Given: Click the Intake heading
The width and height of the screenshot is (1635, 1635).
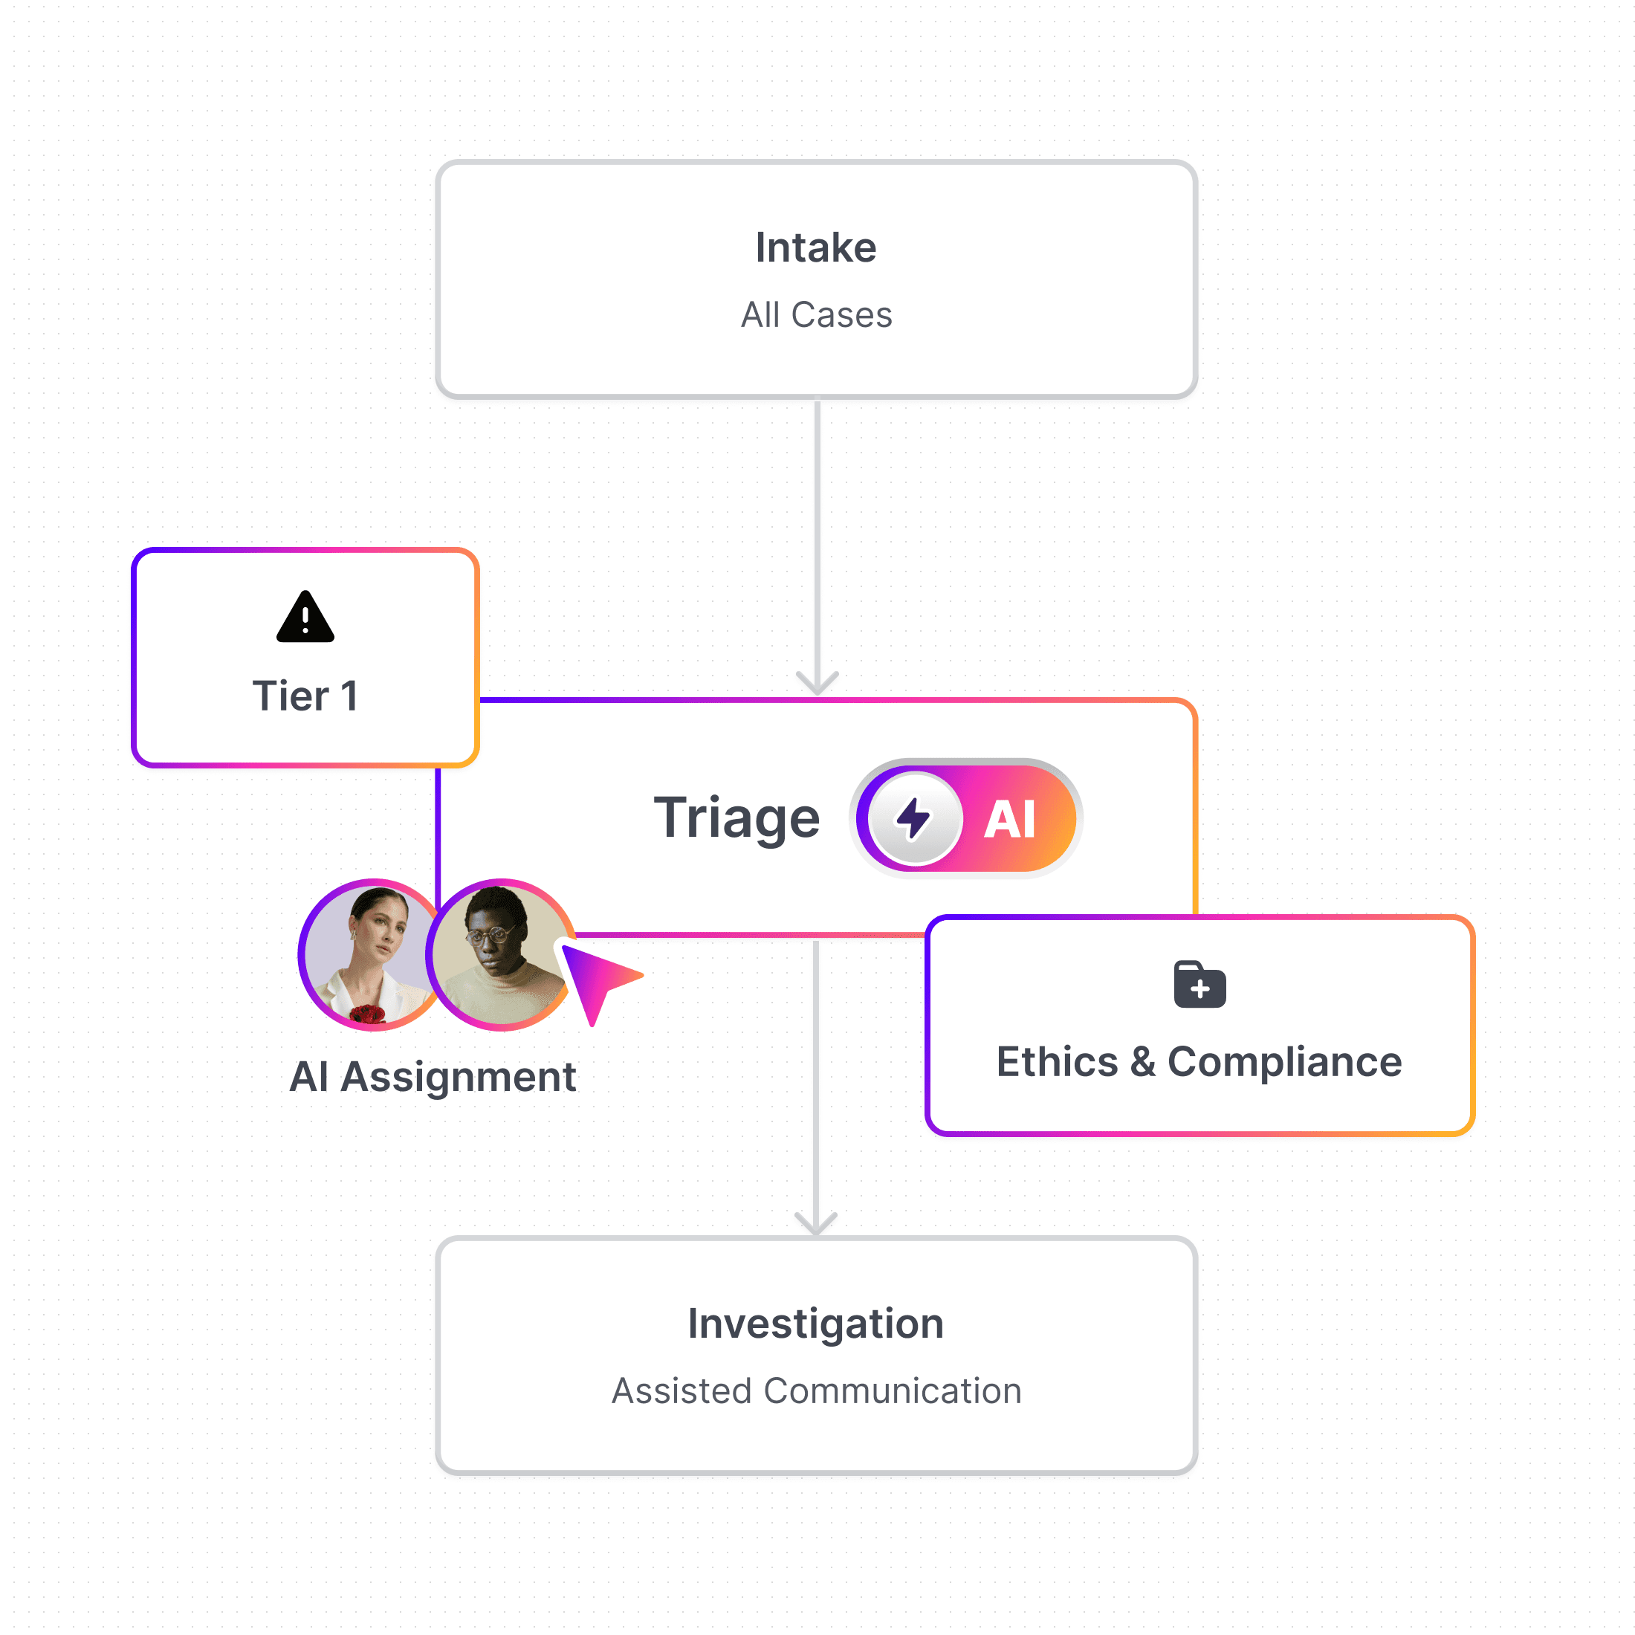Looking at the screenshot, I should click(x=816, y=248).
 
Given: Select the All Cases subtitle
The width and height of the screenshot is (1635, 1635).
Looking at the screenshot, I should click(x=817, y=315).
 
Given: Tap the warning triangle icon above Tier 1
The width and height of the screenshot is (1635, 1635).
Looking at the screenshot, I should click(x=305, y=618).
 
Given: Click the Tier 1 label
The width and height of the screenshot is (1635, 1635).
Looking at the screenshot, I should click(x=305, y=696).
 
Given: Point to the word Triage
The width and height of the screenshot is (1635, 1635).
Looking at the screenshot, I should click(x=736, y=818).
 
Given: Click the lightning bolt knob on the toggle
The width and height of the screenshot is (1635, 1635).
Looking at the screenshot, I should click(x=914, y=818).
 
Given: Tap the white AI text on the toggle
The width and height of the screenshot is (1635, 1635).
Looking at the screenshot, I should click(x=1009, y=819).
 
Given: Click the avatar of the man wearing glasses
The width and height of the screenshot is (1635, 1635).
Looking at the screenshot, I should click(x=501, y=954).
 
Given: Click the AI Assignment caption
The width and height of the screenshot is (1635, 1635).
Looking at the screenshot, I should click(x=433, y=1078).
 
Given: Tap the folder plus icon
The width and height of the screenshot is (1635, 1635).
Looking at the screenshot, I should click(x=1199, y=985).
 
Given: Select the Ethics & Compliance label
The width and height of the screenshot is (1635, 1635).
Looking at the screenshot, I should click(x=1199, y=1062).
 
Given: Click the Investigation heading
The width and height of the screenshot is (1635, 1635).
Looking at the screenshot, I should click(x=816, y=1324).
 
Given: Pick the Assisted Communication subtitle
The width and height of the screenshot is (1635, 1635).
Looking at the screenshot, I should click(x=817, y=1391).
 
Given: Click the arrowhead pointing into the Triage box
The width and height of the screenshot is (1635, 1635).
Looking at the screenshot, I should click(x=817, y=684).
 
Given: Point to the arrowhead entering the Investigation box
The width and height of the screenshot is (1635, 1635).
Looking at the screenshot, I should click(x=816, y=1224).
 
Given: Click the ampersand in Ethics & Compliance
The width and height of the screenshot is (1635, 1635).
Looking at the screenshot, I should click(x=1142, y=1062).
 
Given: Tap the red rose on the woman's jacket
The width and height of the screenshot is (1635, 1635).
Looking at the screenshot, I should click(x=367, y=1013).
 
